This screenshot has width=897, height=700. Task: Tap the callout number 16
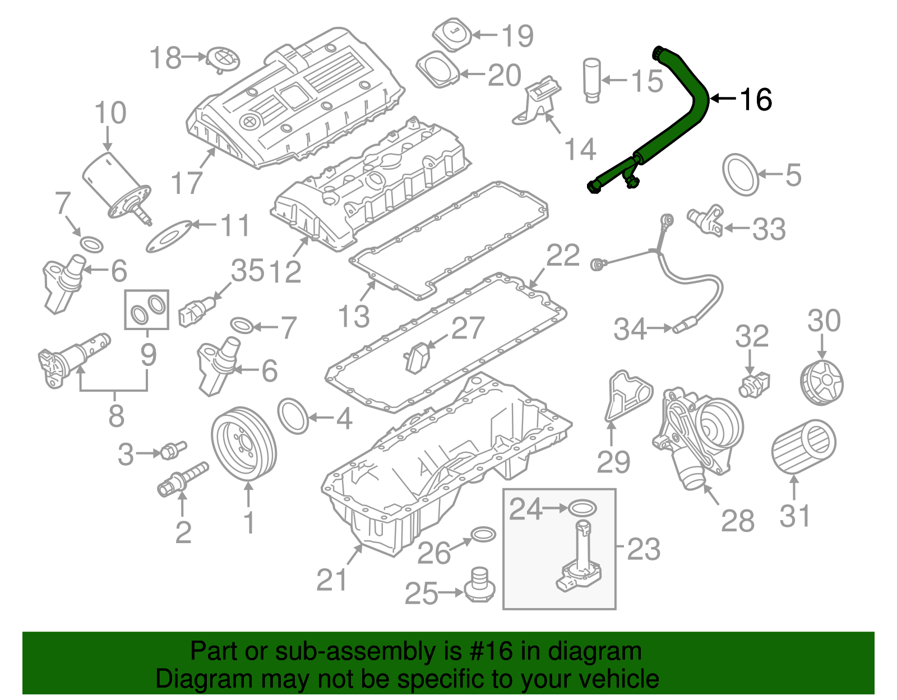pos(756,100)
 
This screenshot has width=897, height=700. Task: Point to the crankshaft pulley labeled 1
pos(244,444)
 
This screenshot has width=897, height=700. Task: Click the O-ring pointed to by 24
pos(582,508)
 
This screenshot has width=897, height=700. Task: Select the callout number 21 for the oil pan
pos(332,580)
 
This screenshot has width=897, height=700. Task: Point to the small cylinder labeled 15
pos(592,79)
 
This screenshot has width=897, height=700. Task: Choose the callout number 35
pos(247,271)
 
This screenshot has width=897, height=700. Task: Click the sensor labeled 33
pos(705,220)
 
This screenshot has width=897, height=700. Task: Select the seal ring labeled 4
pos(293,416)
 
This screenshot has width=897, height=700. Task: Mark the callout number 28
pos(737,521)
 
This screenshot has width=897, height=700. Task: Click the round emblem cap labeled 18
pos(223,59)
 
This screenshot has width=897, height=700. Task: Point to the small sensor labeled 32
pos(755,384)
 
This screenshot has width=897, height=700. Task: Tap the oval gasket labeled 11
pos(168,235)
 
